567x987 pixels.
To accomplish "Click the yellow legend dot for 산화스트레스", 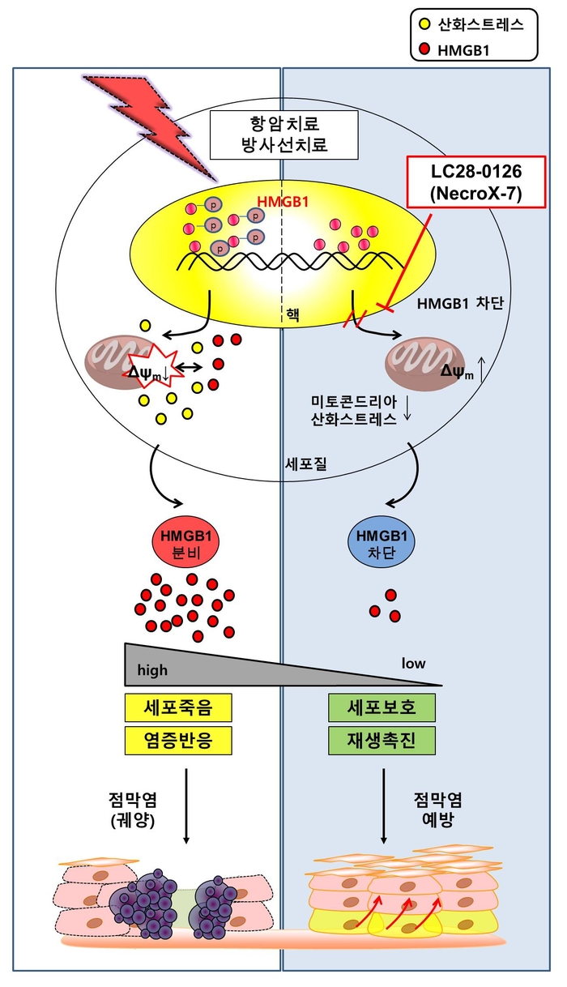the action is tap(424, 24).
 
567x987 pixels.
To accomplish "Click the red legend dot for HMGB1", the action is tap(424, 49).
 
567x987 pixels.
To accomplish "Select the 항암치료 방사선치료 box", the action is tap(283, 135).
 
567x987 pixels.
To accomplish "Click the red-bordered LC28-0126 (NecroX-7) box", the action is tap(476, 182).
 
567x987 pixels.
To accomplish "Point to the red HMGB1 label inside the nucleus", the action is tap(283, 202).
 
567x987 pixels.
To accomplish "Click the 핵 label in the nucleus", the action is tap(292, 314).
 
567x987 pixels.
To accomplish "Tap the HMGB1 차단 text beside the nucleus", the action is tap(460, 304).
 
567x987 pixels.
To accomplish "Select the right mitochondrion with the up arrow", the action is tap(424, 364).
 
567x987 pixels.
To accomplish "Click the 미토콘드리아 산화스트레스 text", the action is tap(354, 410).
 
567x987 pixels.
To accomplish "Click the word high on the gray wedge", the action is tap(152, 670).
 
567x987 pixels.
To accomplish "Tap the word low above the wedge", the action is tap(413, 663).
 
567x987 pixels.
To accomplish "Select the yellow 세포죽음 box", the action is tap(178, 707).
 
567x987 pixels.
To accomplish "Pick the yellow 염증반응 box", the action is tap(178, 741).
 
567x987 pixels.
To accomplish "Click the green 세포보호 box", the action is tap(382, 707).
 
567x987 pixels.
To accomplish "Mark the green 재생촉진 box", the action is tap(382, 741).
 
